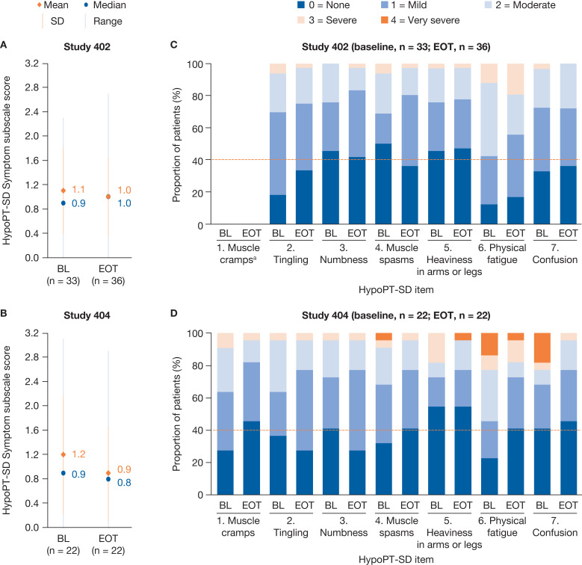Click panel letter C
tap(173, 45)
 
